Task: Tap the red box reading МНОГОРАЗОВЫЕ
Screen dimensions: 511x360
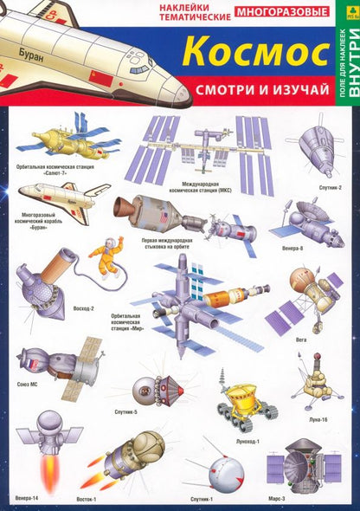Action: pyautogui.click(x=282, y=12)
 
